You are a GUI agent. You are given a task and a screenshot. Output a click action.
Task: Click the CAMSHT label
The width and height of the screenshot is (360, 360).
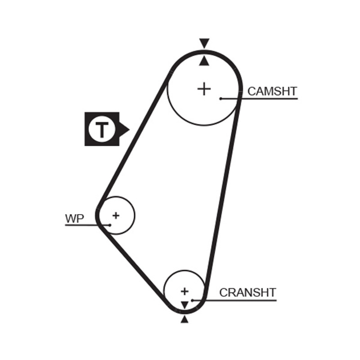[x=272, y=91]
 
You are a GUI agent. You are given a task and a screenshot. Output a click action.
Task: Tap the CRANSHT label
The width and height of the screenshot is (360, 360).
[x=247, y=292]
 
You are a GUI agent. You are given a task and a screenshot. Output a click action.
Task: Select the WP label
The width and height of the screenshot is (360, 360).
[x=75, y=219]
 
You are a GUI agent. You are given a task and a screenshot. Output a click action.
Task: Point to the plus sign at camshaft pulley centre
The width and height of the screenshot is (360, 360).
[x=204, y=89]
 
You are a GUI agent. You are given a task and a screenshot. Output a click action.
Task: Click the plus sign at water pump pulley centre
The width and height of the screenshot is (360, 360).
[x=116, y=216]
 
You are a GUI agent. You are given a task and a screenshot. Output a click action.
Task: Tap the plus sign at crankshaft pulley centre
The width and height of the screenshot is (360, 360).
[x=184, y=291]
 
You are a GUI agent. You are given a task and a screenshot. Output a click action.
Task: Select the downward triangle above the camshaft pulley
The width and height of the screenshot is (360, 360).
[x=204, y=43]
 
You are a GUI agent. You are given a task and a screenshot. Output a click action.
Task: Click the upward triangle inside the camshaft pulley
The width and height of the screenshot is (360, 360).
[x=204, y=61]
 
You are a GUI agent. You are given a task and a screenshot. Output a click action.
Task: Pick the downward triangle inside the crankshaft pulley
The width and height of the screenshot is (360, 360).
[x=184, y=305]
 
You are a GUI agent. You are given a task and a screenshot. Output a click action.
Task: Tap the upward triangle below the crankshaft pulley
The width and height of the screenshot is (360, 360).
[x=184, y=319]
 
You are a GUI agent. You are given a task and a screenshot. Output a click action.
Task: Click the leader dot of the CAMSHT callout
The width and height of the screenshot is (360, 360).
[x=220, y=99]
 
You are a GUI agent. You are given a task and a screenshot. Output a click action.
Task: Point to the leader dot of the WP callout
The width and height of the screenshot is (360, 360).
[x=110, y=225]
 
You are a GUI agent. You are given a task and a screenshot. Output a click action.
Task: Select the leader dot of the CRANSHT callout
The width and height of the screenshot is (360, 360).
[x=193, y=300]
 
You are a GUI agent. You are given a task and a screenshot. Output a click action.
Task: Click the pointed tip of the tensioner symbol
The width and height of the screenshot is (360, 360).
[x=130, y=129]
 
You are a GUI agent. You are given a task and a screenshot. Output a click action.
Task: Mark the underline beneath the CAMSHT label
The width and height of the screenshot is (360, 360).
[x=259, y=99]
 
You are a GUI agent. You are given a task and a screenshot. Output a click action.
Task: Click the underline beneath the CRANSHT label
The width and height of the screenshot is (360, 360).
[x=234, y=300]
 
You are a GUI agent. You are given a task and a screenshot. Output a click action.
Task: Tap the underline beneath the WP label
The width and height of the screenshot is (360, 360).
[x=87, y=225]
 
